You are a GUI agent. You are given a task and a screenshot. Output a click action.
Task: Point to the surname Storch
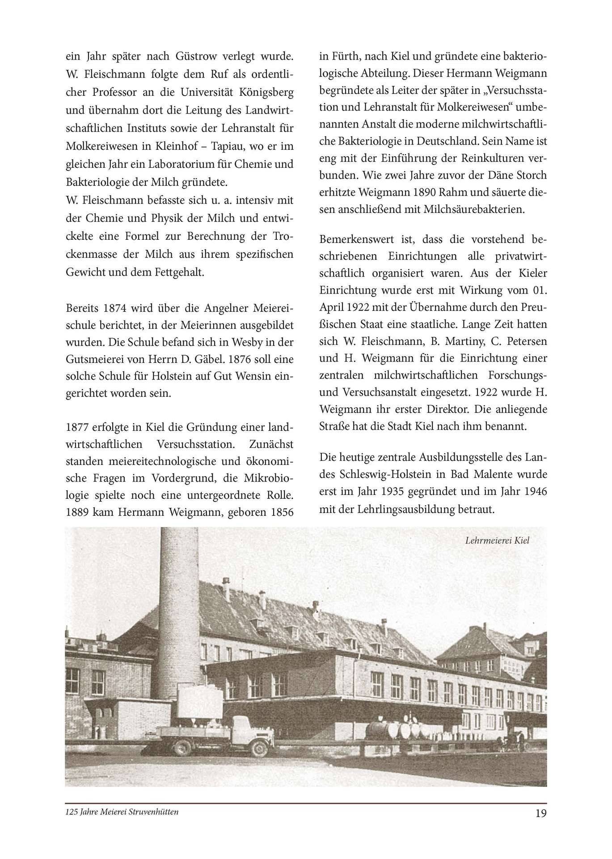point(529,174)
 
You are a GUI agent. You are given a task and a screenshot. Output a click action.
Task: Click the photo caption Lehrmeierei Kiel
point(497,540)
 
